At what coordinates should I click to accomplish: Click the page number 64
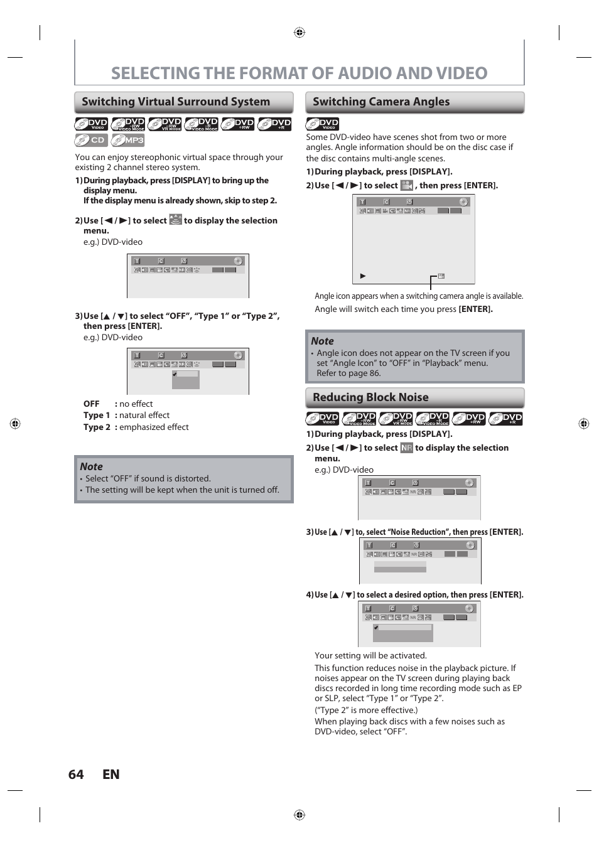point(76,775)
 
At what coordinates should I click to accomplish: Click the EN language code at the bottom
point(111,775)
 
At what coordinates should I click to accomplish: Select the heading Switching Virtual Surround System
point(176,102)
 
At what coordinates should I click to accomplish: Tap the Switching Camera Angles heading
point(381,102)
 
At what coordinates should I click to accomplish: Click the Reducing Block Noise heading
point(370,397)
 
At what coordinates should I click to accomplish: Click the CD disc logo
point(91,140)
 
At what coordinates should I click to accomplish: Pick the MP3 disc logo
point(128,140)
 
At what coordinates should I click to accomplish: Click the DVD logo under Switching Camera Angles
point(322,124)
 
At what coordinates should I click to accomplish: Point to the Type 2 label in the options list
point(97,427)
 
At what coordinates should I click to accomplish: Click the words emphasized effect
point(154,427)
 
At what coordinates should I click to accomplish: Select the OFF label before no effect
point(91,404)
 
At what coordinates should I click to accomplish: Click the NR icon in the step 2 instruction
point(406,448)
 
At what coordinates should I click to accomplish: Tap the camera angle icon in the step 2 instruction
point(406,185)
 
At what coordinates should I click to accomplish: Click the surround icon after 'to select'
point(175,220)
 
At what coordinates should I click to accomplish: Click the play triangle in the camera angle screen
point(363,276)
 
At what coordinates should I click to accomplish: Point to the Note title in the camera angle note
point(322,341)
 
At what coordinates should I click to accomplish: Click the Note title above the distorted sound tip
point(91,466)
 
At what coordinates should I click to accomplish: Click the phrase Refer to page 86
point(348,373)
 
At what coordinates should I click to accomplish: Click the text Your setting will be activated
point(370,656)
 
